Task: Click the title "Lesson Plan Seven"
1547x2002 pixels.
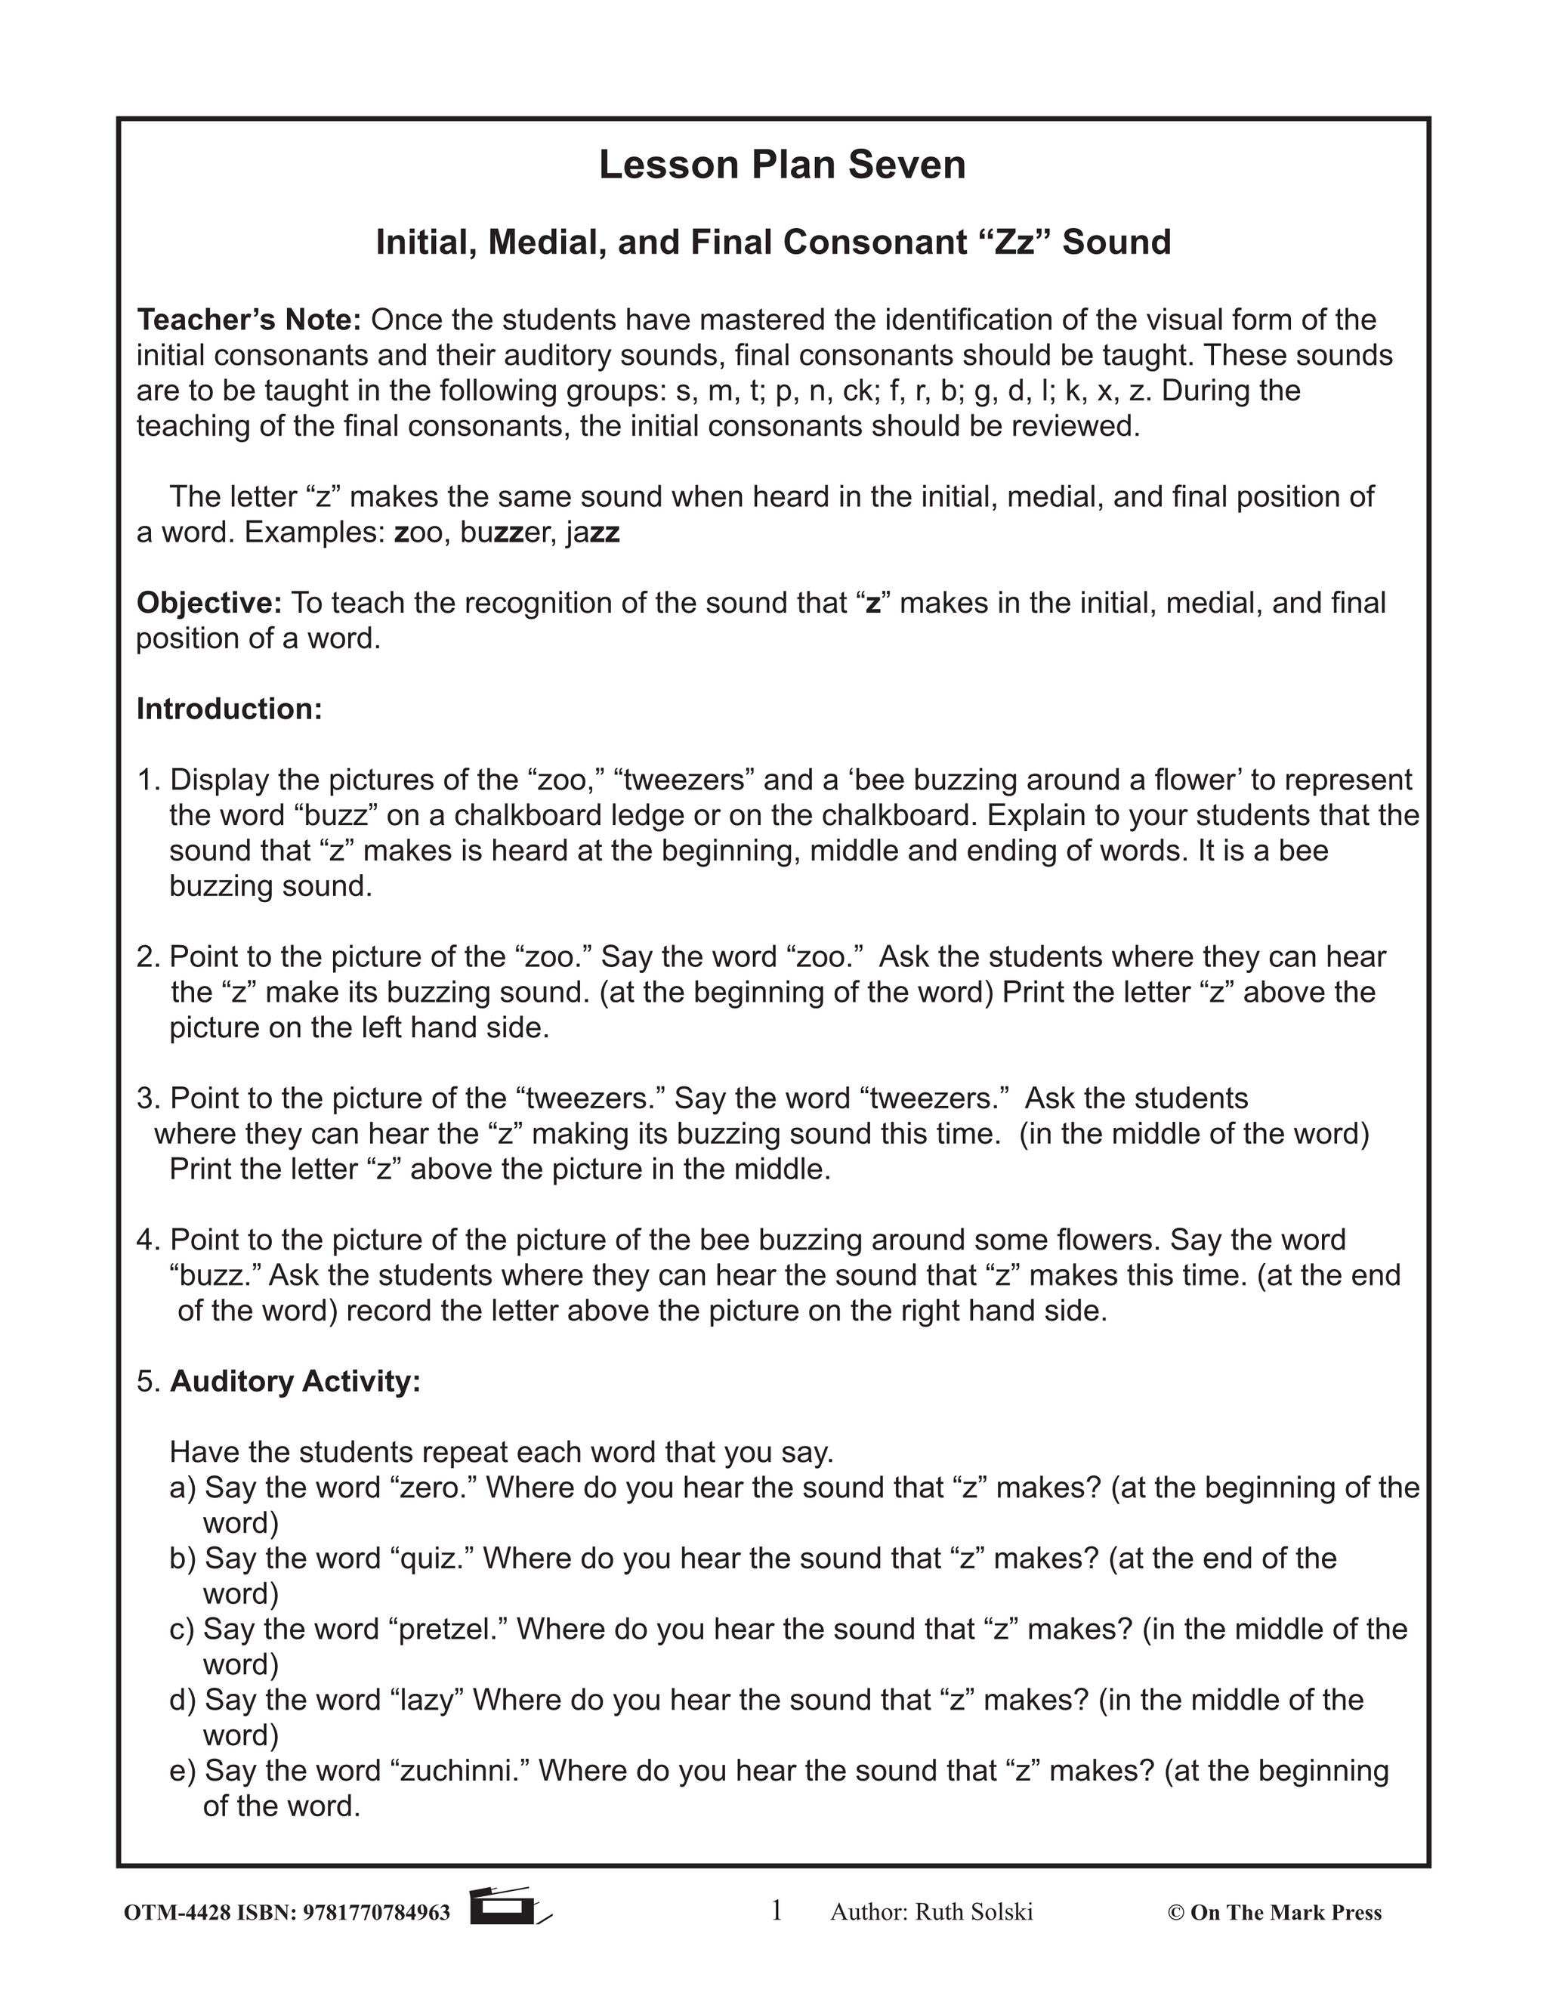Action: (782, 165)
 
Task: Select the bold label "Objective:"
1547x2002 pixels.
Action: (209, 603)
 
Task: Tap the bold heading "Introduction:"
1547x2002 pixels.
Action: (229, 709)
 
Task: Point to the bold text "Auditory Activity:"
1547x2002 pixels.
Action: (295, 1382)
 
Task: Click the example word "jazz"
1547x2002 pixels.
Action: (593, 533)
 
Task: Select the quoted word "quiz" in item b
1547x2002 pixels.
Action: (429, 1559)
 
